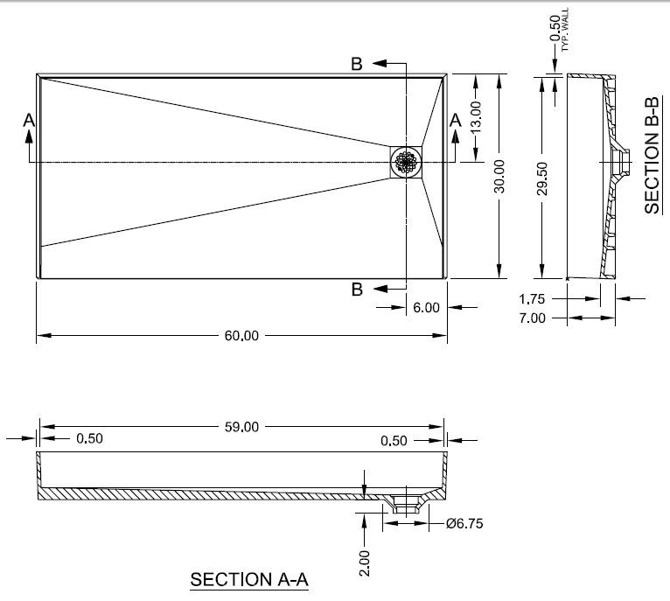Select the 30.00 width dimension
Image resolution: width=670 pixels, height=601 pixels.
(x=499, y=176)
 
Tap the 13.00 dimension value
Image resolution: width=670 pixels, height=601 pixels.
(x=475, y=115)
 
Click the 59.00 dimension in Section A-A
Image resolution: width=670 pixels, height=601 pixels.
(x=242, y=427)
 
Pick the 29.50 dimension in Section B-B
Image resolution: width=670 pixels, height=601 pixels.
(x=542, y=179)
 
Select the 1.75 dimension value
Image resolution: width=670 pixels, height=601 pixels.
(x=534, y=298)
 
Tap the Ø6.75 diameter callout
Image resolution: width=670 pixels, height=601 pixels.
(x=464, y=524)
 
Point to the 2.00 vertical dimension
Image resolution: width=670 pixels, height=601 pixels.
(x=365, y=560)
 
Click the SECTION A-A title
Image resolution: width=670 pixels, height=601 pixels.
(x=249, y=579)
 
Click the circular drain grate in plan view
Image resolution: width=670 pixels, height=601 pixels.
(x=406, y=162)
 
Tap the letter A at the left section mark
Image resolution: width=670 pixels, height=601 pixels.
(x=29, y=120)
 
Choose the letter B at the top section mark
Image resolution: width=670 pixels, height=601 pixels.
(x=357, y=64)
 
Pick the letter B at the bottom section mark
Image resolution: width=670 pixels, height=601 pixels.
(x=357, y=290)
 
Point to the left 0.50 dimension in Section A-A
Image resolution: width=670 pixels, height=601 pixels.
(x=89, y=439)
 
